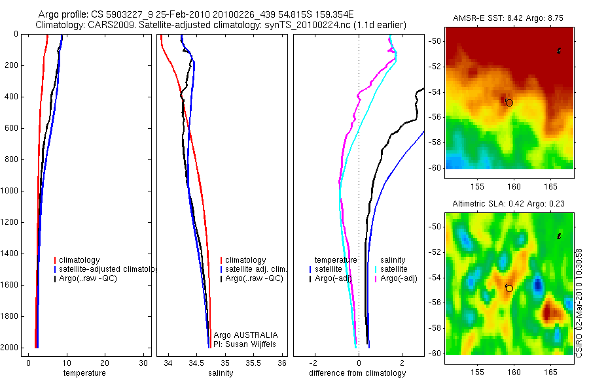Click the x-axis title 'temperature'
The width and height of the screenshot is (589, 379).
point(84,373)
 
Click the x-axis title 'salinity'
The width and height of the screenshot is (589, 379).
point(221,373)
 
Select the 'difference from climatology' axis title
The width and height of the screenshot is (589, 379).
point(357,373)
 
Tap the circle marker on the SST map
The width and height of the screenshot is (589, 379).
point(509,103)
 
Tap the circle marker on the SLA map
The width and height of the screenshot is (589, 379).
point(509,288)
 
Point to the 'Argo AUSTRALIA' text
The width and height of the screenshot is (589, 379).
point(241,335)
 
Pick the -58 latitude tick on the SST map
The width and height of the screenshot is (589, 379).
point(435,142)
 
